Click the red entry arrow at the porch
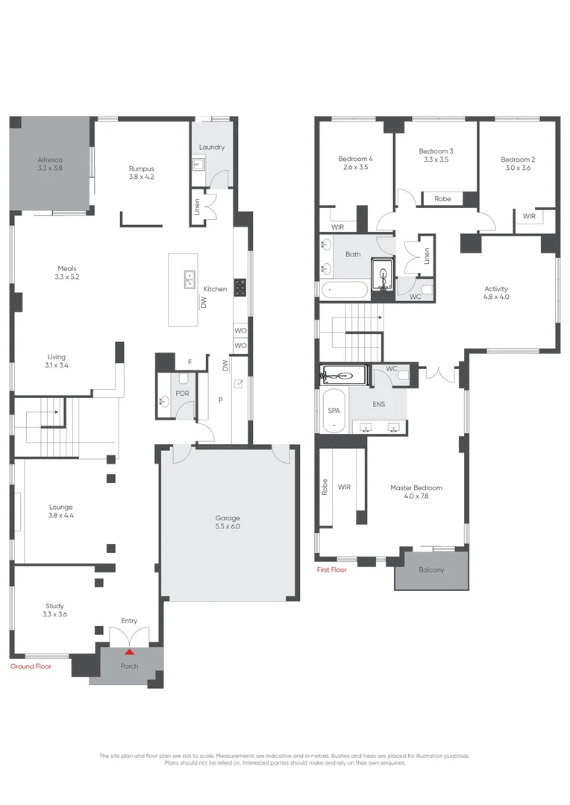pos(129,652)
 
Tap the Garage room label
pos(228,518)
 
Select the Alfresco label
pos(51,160)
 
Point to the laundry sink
pos(199,165)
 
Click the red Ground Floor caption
pos(31,666)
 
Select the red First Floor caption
pos(332,569)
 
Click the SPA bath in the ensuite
pos(333,411)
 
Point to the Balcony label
pos(431,570)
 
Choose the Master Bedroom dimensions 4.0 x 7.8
pos(416,497)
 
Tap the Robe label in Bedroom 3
pos(442,199)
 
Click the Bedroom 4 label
pos(355,159)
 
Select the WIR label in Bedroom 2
pos(529,216)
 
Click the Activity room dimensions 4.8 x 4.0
pos(496,297)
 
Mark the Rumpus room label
pos(142,168)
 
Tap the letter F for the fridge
pos(190,362)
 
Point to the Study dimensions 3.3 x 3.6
pos(55,616)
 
